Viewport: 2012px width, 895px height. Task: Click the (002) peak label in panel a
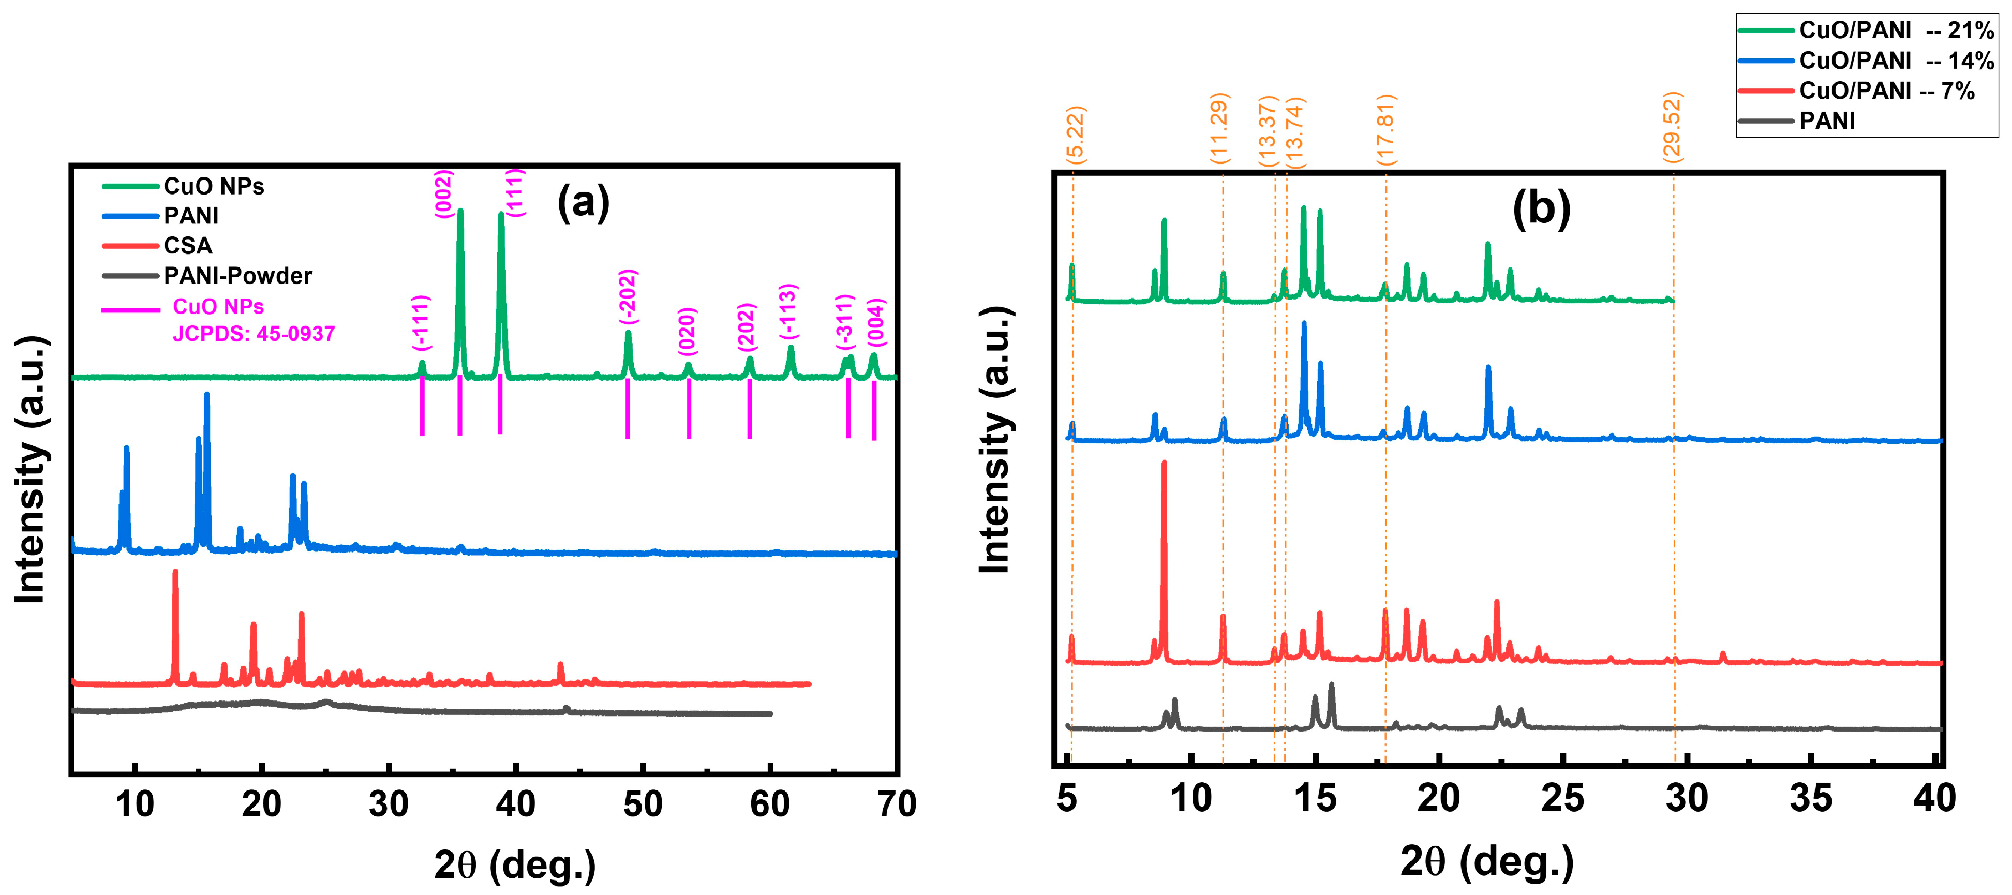pyautogui.click(x=443, y=193)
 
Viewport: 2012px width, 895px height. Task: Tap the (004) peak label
pyautogui.click(x=876, y=322)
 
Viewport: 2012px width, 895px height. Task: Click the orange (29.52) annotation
pyautogui.click(x=1672, y=127)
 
